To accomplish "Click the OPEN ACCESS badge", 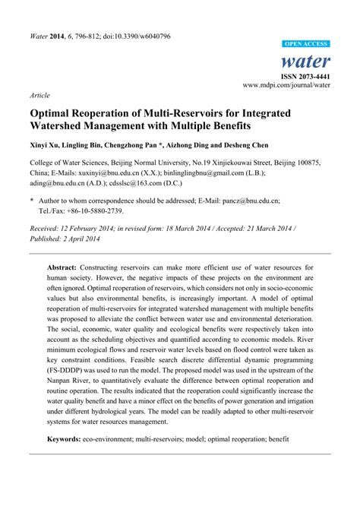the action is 304,45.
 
